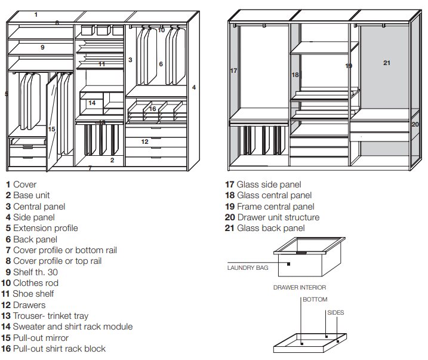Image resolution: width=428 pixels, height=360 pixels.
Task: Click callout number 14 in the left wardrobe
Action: coord(92,103)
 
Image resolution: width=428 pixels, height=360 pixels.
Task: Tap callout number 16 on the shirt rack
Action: coord(152,109)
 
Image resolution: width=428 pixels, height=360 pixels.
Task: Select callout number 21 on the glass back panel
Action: coord(386,63)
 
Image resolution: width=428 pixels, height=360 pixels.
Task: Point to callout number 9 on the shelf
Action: coord(42,48)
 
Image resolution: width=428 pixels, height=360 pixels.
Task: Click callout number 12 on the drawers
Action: coord(144,141)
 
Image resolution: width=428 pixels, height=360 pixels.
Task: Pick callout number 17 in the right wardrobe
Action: coord(233,70)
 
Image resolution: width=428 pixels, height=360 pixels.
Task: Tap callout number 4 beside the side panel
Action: coord(194,87)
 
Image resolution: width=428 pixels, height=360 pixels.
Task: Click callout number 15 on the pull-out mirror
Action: coord(51,129)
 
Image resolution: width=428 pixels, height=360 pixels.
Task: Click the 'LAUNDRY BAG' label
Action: coord(248,267)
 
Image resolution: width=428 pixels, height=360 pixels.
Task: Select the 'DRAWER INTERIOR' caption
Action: coord(300,287)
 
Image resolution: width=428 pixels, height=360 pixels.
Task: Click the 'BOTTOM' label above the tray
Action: coord(315,300)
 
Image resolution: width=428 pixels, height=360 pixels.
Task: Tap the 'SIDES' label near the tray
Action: coord(335,312)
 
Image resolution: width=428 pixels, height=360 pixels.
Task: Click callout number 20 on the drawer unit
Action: coord(415,124)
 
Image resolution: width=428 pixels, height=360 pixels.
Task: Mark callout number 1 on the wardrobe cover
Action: coord(36,14)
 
